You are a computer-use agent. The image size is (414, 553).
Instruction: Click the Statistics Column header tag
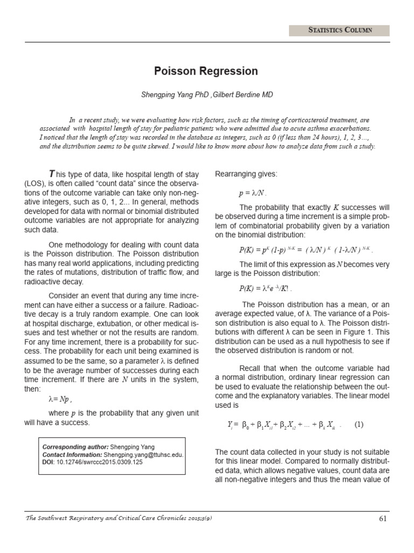click(340, 30)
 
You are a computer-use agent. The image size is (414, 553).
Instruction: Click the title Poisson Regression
click(206, 71)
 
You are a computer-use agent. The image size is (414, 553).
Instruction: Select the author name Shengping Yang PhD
click(174, 95)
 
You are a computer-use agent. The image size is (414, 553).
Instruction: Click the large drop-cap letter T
click(52, 174)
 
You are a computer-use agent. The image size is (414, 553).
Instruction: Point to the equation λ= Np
click(60, 400)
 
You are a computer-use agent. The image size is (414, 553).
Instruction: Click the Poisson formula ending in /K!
click(265, 289)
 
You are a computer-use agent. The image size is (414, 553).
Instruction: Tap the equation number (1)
click(360, 424)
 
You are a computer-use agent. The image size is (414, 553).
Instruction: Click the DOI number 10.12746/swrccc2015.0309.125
click(99, 463)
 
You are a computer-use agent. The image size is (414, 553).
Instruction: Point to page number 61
click(383, 519)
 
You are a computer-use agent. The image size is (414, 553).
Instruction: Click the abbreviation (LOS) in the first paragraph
click(34, 184)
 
